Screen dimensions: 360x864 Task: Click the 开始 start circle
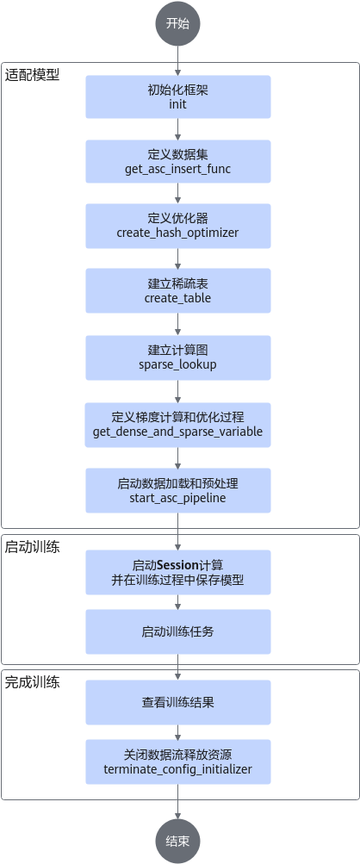177,24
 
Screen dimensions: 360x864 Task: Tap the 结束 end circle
177,841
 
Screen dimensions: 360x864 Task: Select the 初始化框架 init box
178,97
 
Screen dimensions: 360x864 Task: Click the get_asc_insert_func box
178,161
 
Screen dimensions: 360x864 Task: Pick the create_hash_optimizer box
178,226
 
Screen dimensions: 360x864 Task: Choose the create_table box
178,291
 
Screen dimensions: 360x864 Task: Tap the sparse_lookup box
178,357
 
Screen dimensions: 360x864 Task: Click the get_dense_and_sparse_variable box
178,425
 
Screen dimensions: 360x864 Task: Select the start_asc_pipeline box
178,490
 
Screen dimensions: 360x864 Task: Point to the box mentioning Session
178,572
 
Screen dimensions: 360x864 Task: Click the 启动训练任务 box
178,631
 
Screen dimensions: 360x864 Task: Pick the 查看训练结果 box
178,702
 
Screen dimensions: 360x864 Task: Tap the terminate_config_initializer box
178,761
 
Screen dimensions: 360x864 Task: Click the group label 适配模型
33,75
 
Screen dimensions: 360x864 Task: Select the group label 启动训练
33,547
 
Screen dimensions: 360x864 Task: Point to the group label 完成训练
33,682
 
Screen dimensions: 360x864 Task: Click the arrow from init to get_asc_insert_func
177,129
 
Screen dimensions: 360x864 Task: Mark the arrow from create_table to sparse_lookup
177,324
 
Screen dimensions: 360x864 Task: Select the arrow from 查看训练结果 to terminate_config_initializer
177,731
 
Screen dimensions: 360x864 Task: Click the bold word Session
178,565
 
